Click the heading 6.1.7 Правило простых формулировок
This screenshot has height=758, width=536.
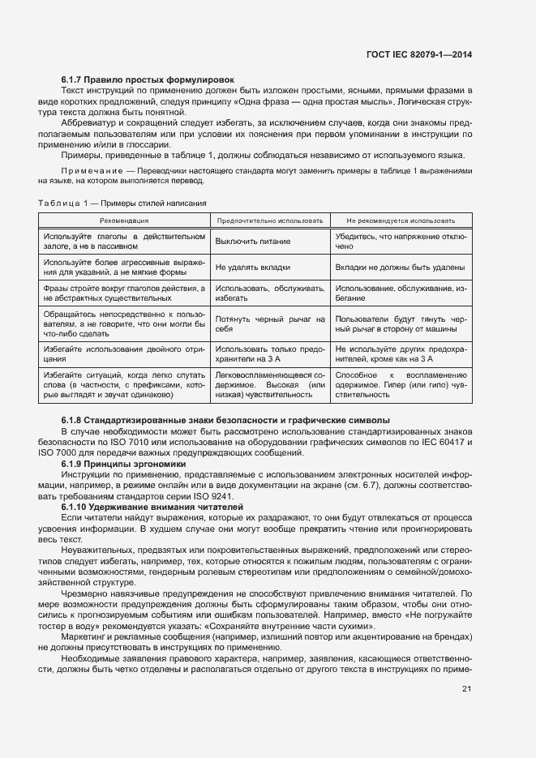(148, 79)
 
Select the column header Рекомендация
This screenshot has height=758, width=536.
(124, 220)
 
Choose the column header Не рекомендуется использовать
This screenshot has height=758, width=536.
(400, 220)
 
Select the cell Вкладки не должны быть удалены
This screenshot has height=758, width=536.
(400, 267)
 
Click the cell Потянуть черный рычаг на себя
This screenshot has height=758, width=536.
(270, 324)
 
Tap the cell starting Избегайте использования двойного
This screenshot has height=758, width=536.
(124, 353)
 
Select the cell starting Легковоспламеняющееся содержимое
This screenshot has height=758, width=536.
(270, 385)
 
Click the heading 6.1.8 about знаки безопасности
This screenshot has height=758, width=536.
(225, 420)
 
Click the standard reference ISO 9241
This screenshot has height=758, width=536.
(214, 495)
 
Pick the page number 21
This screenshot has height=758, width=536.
(467, 689)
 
